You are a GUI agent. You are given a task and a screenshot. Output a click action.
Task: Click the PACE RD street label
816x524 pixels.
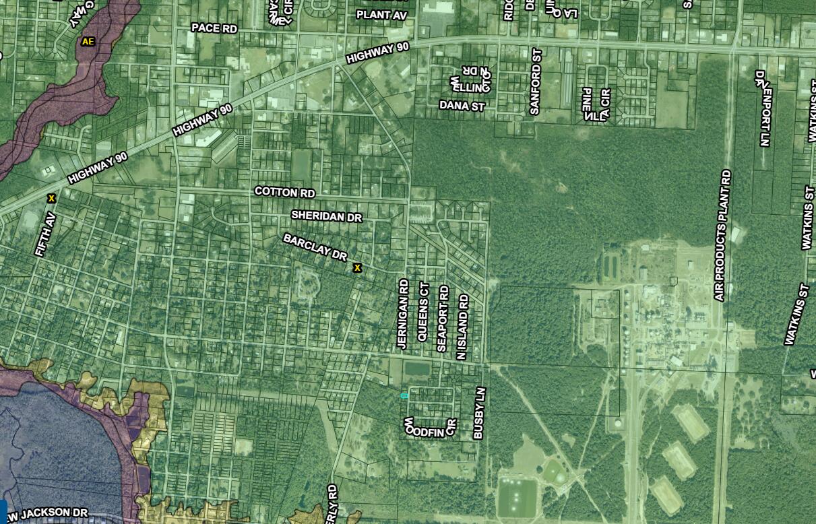click(214, 28)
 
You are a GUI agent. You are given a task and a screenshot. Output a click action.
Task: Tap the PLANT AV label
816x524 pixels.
click(381, 14)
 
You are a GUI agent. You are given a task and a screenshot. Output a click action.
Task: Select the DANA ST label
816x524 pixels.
click(462, 106)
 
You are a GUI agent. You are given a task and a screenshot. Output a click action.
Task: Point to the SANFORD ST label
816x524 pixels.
click(536, 81)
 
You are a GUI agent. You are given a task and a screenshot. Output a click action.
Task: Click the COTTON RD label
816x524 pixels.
click(284, 193)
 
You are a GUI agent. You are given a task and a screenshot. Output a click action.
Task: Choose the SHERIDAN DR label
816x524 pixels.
click(327, 216)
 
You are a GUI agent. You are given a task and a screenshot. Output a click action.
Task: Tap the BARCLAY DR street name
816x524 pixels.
click(315, 247)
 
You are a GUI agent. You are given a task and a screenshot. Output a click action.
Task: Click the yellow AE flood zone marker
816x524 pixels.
click(88, 41)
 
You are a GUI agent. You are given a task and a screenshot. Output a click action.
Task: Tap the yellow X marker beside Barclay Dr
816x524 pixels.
click(357, 268)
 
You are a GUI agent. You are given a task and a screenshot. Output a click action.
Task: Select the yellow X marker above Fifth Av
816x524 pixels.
click(51, 198)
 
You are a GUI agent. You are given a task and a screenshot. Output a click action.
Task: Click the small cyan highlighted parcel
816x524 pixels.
click(404, 396)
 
